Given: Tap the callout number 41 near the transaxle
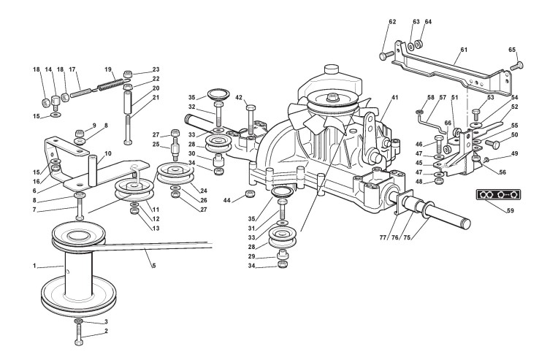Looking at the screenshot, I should point(395,97).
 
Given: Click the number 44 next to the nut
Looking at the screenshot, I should point(226,199).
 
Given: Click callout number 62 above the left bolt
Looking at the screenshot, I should point(392,22).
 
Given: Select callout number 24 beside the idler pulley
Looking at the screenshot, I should point(203,191).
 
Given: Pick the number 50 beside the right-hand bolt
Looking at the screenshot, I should point(514,135).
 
